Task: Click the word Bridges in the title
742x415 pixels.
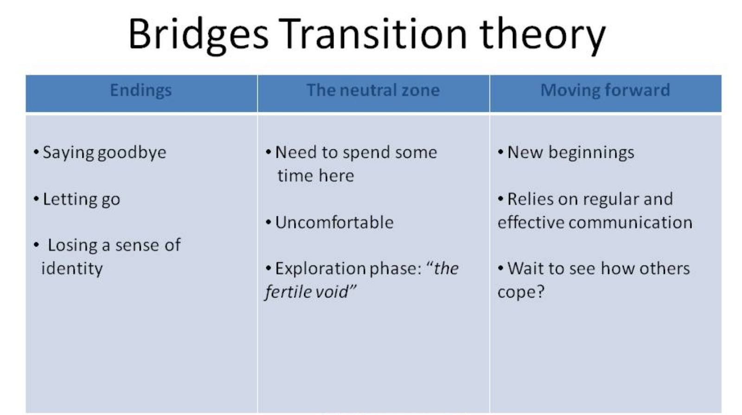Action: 198,35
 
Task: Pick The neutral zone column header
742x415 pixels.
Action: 373,90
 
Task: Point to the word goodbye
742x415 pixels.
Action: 132,153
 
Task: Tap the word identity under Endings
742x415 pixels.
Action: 72,268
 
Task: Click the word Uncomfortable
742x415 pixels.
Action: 334,222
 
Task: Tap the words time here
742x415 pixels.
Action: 316,175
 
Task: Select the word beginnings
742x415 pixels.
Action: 591,153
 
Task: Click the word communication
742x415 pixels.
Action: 630,222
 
